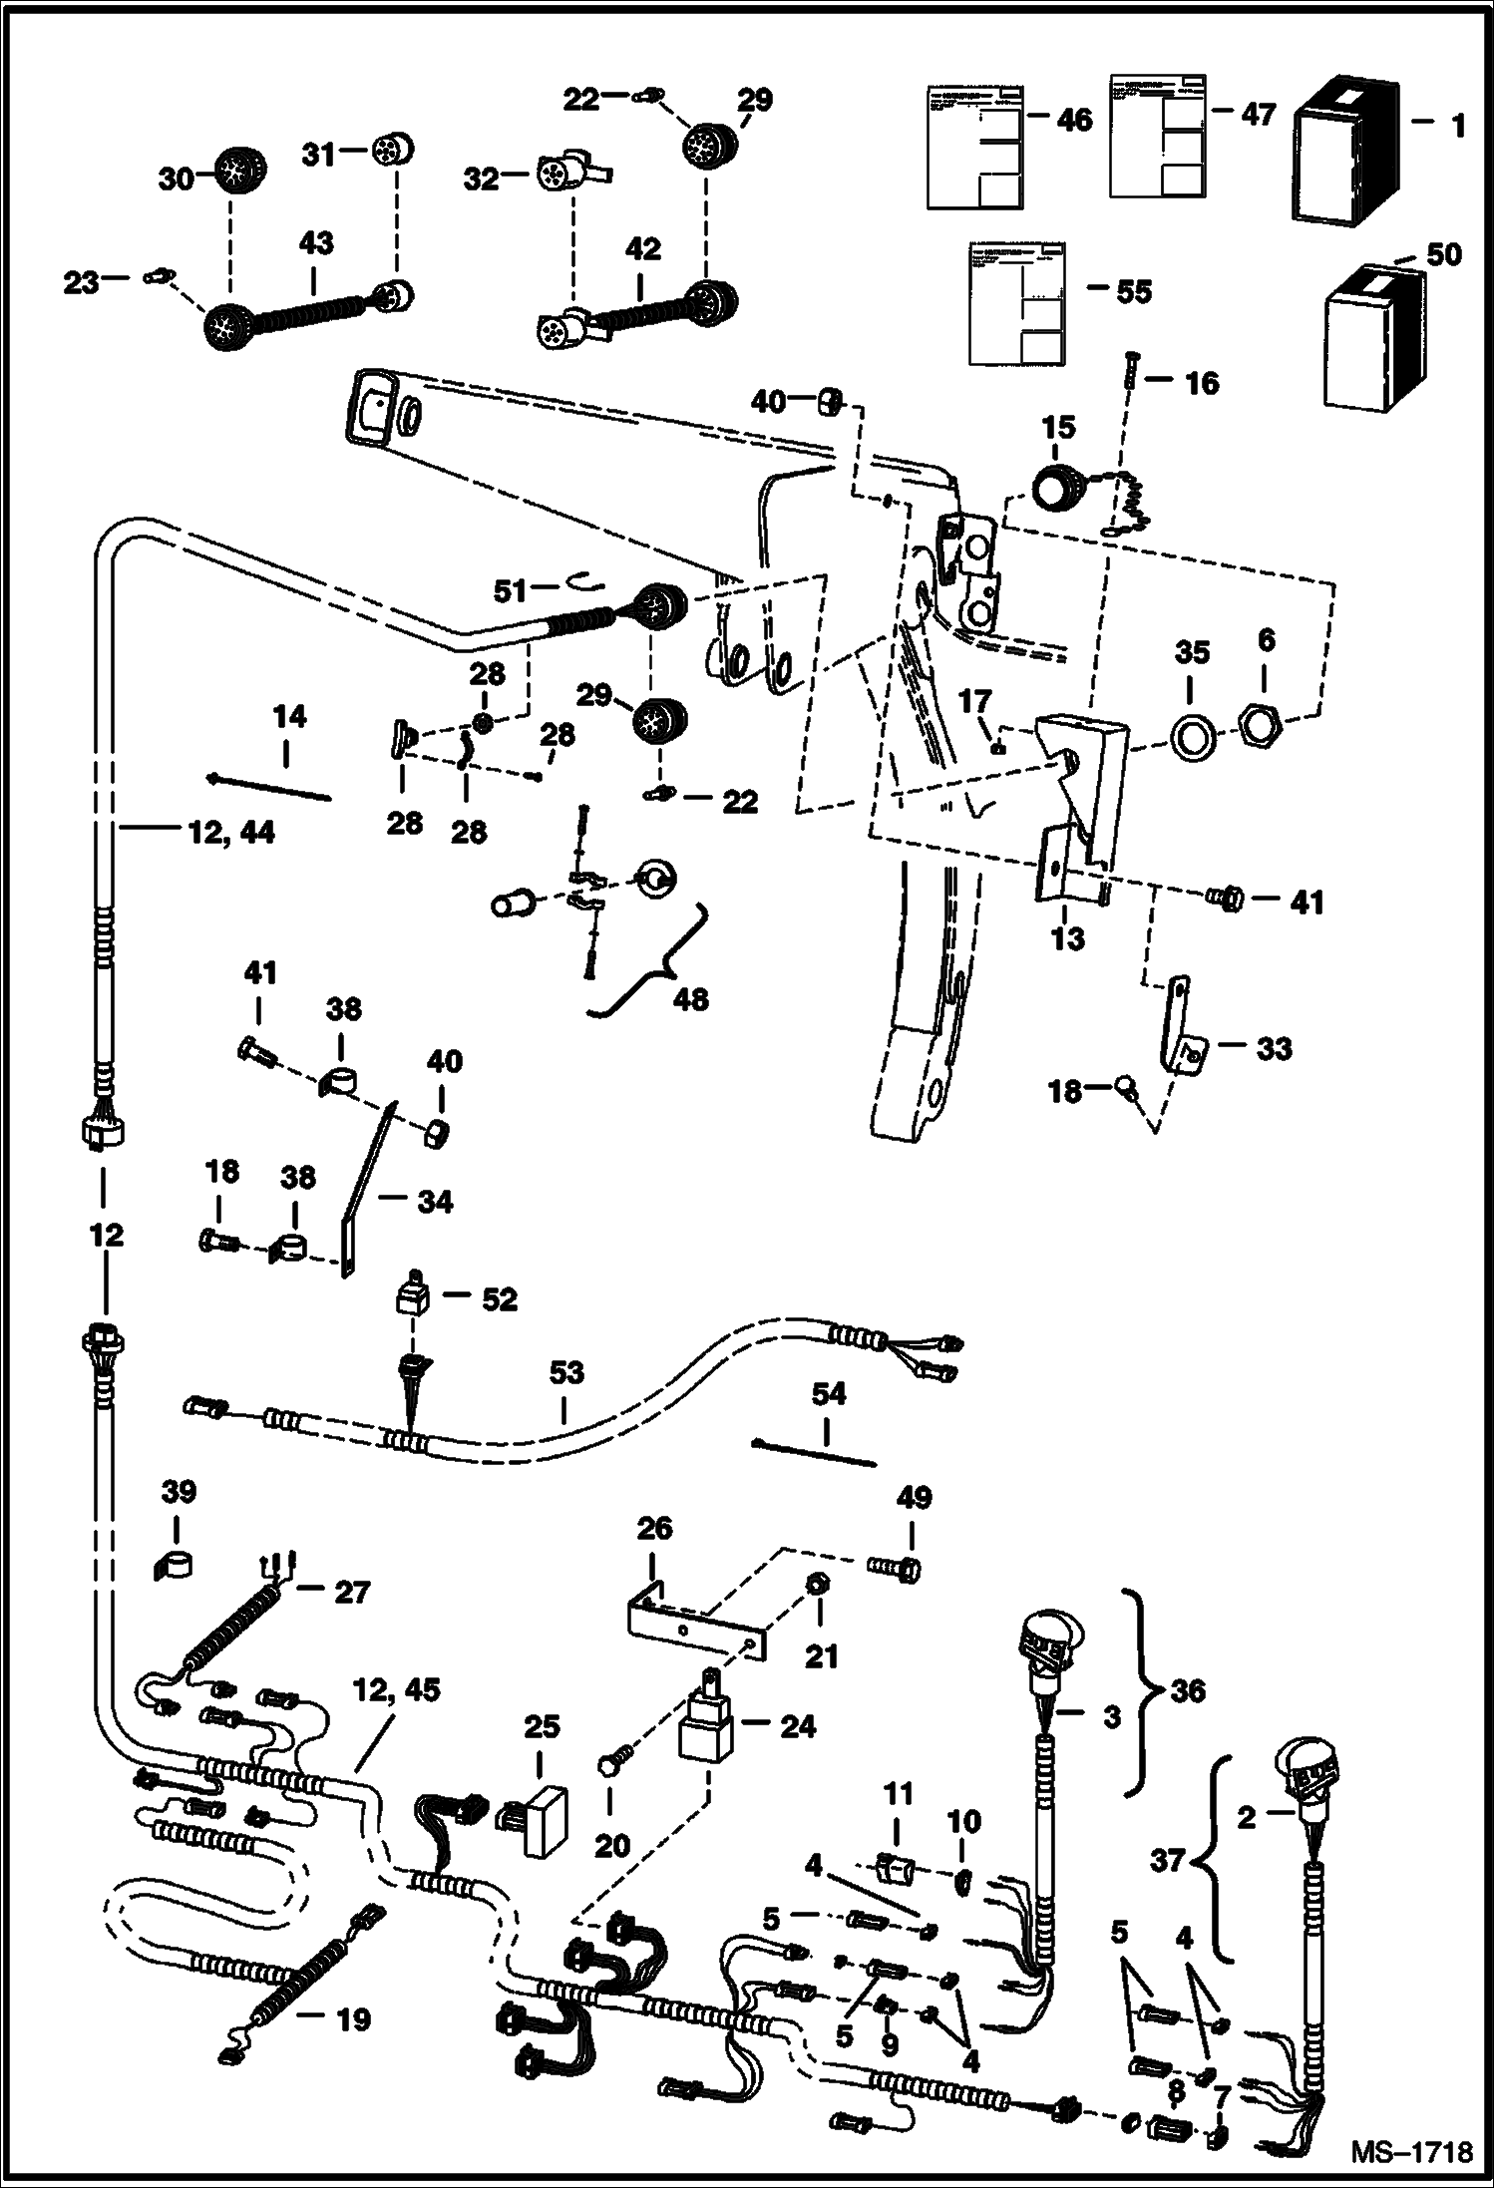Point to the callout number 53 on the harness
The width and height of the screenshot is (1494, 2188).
[x=566, y=1374]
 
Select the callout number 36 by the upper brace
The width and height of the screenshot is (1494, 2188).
[x=1188, y=1690]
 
